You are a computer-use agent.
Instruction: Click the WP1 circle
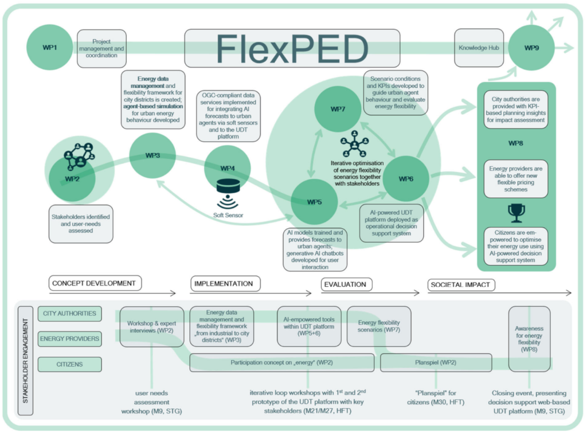[50, 47]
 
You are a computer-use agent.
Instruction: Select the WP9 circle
[531, 47]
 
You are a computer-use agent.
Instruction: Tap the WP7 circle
[338, 109]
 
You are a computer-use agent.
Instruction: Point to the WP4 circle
[228, 168]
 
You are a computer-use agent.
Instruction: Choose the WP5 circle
[314, 202]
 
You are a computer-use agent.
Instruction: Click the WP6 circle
[406, 179]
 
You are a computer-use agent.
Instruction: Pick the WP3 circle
[152, 155]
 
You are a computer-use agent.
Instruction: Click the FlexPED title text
[292, 48]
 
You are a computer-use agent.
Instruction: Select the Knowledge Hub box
[479, 48]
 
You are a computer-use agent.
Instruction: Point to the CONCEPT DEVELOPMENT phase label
[94, 283]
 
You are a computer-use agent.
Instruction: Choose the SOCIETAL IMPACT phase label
[461, 284]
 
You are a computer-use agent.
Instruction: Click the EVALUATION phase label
[345, 284]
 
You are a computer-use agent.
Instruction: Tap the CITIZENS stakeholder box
[69, 364]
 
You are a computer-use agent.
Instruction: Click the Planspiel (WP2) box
[436, 362]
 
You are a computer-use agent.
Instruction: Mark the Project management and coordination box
[101, 48]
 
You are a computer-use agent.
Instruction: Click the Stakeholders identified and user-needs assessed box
[81, 224]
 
